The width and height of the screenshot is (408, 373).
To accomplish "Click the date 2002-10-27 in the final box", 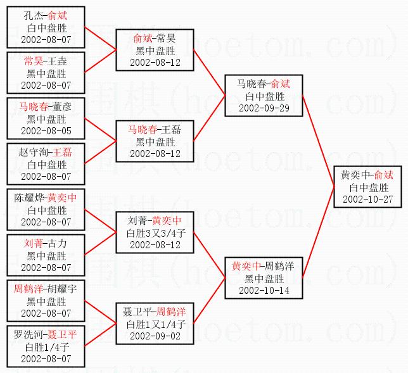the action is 368,198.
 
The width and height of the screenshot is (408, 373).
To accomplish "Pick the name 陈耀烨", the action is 30,198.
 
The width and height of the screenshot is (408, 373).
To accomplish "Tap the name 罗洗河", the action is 30,335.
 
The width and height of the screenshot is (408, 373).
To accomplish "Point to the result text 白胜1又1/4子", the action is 155,324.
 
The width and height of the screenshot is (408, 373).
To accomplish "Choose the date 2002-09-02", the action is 155,336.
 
